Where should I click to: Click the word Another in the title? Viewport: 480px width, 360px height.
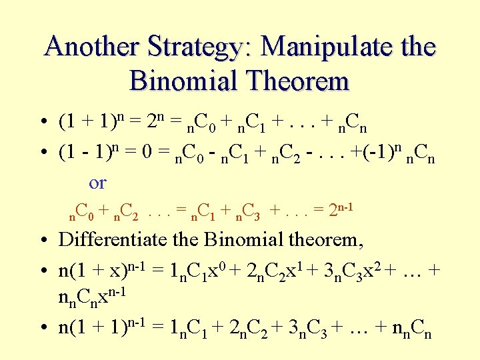89,47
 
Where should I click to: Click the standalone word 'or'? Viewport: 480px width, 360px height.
97,182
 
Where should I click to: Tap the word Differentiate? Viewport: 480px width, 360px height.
127,239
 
